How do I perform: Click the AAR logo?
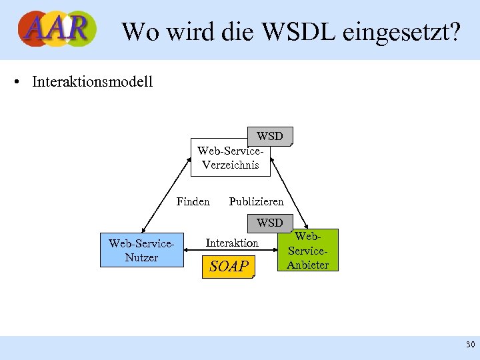pyautogui.click(x=57, y=29)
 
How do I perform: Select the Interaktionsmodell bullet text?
pyautogui.click(x=92, y=82)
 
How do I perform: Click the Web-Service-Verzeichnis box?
pyautogui.click(x=230, y=158)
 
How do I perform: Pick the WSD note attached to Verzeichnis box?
pyautogui.click(x=270, y=136)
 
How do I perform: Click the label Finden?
pyautogui.click(x=193, y=201)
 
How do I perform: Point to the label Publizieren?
pyautogui.click(x=256, y=201)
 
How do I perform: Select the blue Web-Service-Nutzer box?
pyautogui.click(x=141, y=250)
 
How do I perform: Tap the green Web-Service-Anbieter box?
pyautogui.click(x=308, y=250)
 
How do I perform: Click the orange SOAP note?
pyautogui.click(x=229, y=267)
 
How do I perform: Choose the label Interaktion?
pyautogui.click(x=232, y=243)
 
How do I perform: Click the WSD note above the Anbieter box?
pyautogui.click(x=270, y=223)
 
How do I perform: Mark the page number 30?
pyautogui.click(x=470, y=345)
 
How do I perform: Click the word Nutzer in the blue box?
pyautogui.click(x=141, y=257)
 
